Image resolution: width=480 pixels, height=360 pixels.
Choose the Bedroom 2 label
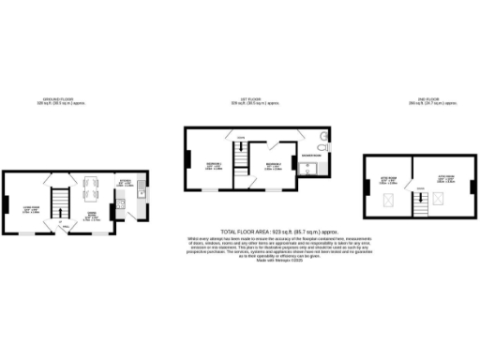tap(273, 167)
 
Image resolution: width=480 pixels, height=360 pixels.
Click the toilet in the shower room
tap(322, 146)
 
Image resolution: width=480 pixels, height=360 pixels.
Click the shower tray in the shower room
tap(309, 170)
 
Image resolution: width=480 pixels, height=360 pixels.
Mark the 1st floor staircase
tap(242, 169)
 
